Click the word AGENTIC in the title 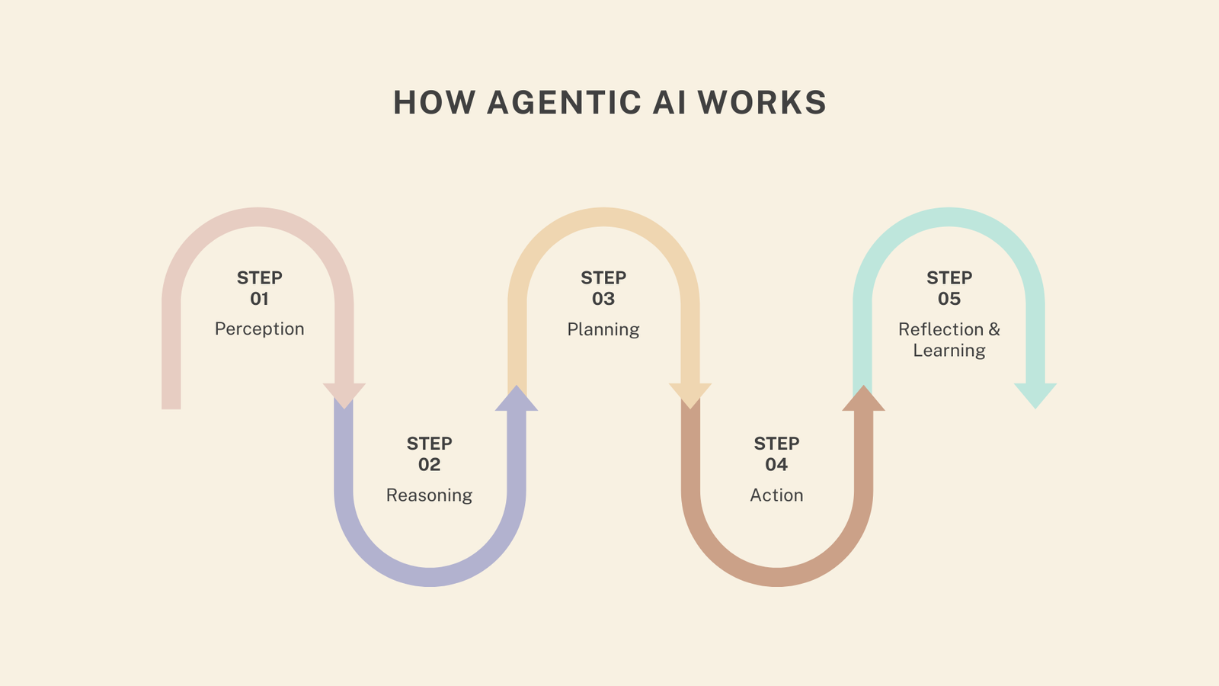(564, 103)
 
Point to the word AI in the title (669, 103)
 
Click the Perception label (259, 329)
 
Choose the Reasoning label (429, 495)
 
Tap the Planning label (603, 329)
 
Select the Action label (776, 495)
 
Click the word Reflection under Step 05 (941, 329)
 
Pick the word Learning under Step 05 (949, 351)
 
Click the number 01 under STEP (259, 299)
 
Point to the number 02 (429, 465)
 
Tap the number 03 (603, 299)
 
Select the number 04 (776, 465)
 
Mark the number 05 (949, 299)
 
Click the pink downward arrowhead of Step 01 (344, 393)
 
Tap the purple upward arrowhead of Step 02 (517, 400)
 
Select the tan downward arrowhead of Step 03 (690, 393)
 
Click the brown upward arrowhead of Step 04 (863, 400)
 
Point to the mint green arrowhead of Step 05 (1035, 393)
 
